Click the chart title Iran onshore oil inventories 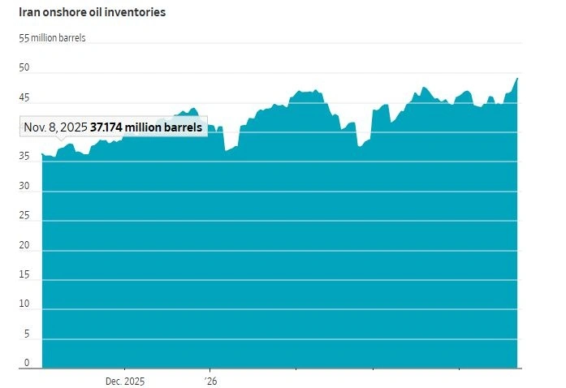tap(93, 14)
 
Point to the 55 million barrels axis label tap(52, 38)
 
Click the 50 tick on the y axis tap(24, 69)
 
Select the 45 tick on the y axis tap(24, 98)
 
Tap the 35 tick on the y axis tap(24, 157)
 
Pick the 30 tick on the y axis tap(24, 187)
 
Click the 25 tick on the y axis tap(24, 216)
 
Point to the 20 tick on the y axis tap(24, 245)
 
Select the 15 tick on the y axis tap(24, 274)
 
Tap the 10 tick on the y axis tap(24, 304)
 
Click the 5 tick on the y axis tap(26, 334)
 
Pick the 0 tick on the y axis tap(26, 363)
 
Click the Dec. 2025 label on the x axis tap(125, 380)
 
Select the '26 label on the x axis tap(211, 380)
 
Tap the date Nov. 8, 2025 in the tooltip tap(55, 127)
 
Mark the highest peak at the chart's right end tap(517, 79)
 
